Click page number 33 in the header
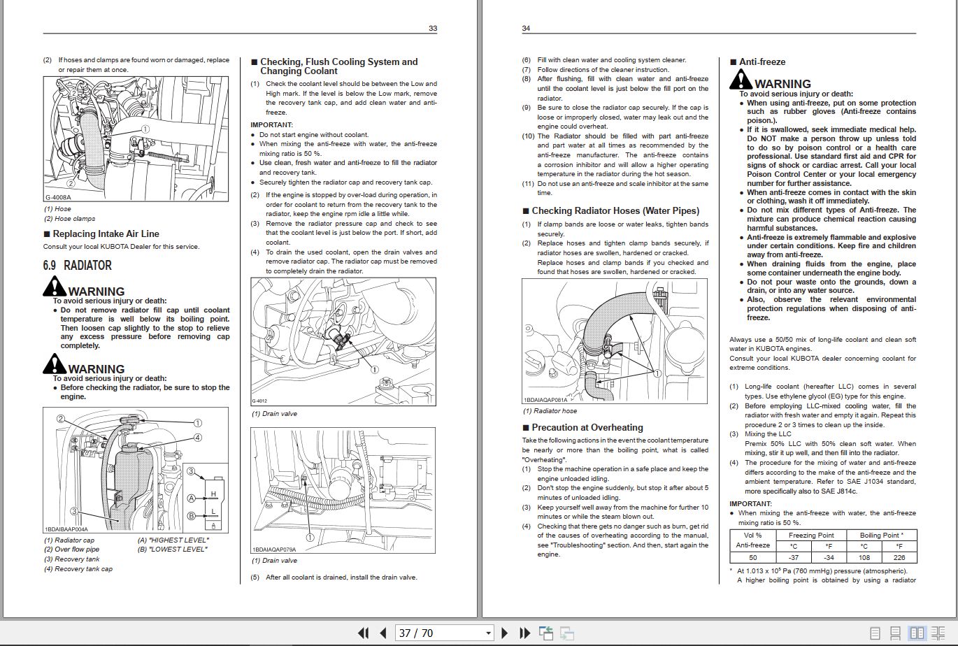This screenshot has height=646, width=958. (433, 28)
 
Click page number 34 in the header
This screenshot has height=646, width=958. (526, 28)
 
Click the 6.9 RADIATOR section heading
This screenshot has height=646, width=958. (77, 266)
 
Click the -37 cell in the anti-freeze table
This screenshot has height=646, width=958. (794, 557)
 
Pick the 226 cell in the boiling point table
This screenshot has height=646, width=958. (899, 557)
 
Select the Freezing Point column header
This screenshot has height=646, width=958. (811, 536)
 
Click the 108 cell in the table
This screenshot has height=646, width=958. (864, 557)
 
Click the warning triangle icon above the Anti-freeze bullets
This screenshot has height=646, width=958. (741, 80)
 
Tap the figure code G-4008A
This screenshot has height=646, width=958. (58, 198)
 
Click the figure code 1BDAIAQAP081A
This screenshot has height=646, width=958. (545, 400)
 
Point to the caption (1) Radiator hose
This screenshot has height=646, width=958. (550, 411)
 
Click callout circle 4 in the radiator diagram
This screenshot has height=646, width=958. (198, 438)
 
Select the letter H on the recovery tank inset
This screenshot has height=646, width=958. (213, 494)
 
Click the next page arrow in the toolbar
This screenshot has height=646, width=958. (505, 633)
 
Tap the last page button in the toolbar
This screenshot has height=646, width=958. (524, 633)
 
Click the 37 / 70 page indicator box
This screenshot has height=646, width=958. (445, 633)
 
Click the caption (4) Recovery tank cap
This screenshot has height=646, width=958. (78, 569)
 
